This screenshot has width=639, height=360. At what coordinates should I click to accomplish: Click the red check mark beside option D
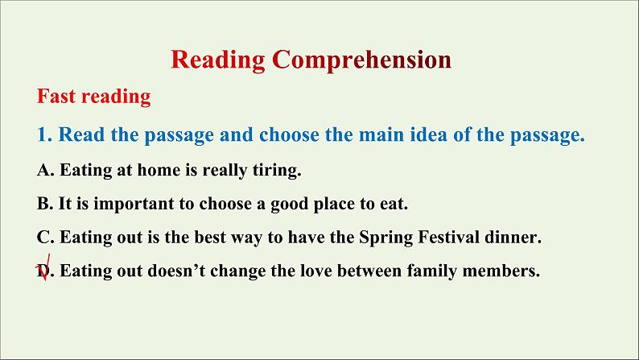pos(44,268)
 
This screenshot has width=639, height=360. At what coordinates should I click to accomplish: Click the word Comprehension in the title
pos(361,60)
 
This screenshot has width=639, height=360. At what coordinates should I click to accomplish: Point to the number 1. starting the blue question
pos(44,134)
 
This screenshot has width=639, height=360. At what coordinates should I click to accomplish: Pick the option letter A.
pos(45,170)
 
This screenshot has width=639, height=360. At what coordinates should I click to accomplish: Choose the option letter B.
pos(45,204)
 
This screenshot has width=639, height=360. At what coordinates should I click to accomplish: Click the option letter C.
pos(45,238)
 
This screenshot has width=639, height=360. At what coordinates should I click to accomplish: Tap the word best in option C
pos(209,238)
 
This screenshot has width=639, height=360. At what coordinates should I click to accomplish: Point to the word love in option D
pos(315,271)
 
